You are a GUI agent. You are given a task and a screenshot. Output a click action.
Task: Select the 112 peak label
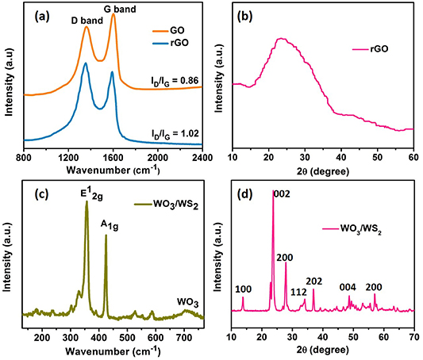coord(298,292)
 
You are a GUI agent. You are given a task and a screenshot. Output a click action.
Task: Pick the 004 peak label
coord(348,287)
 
